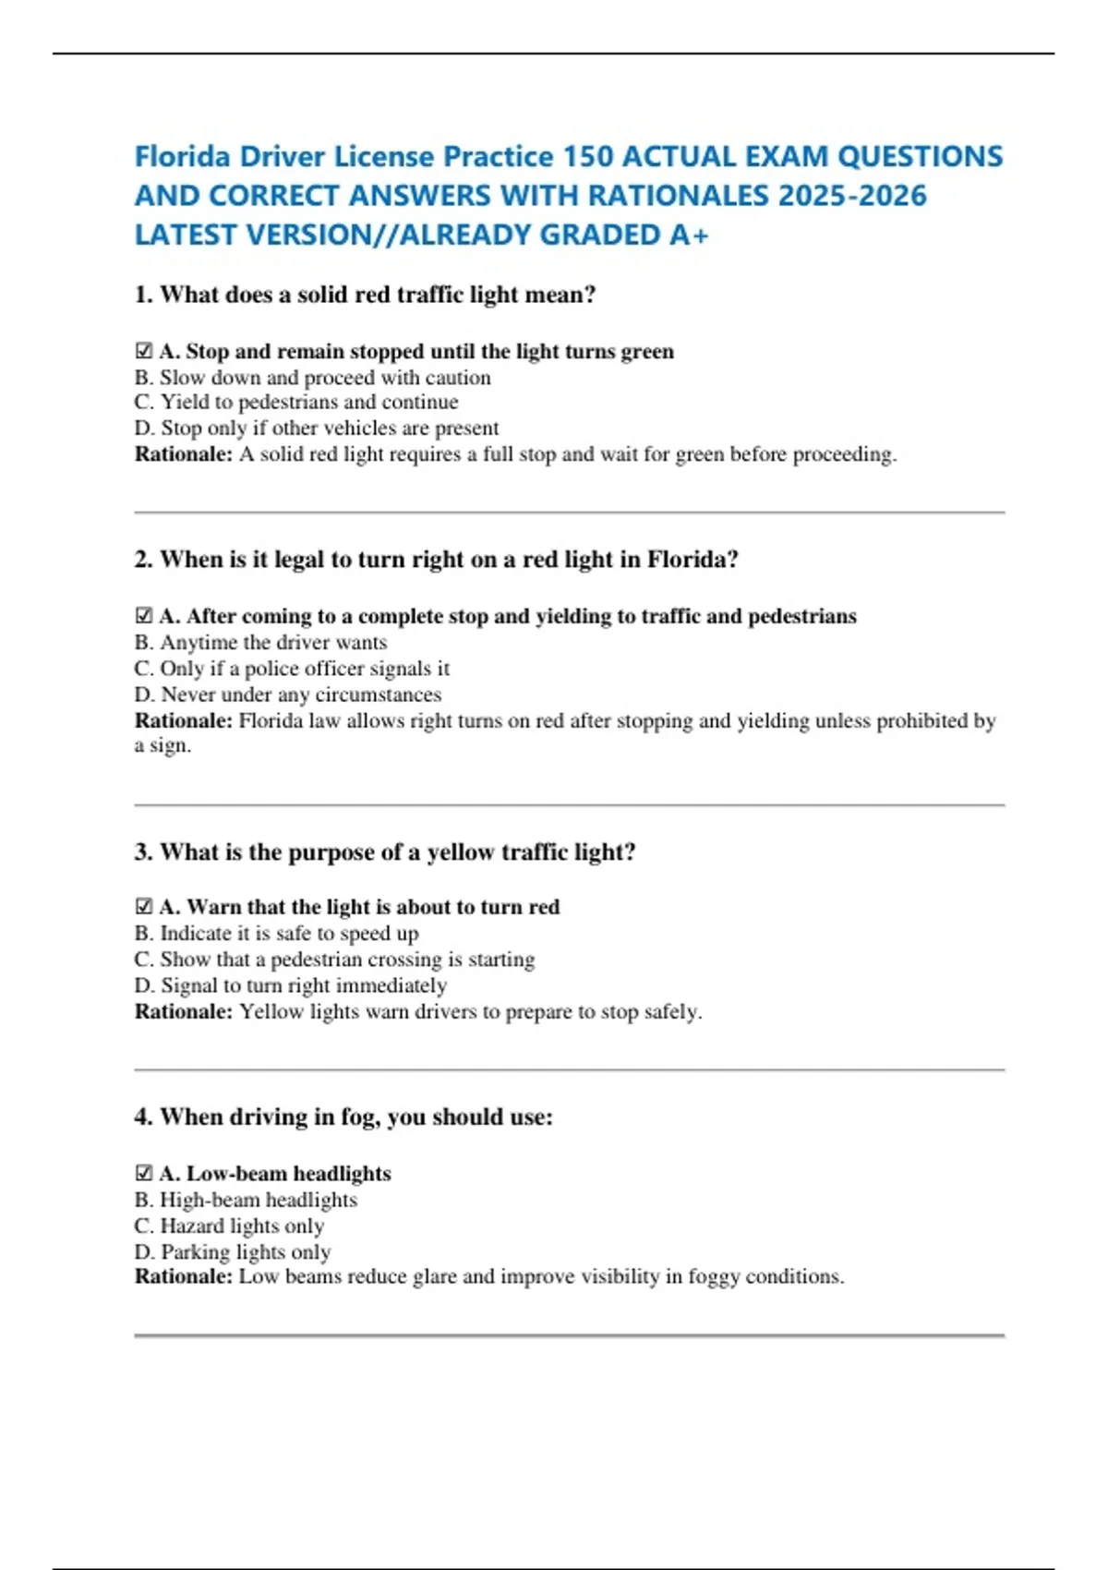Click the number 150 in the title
coord(587,156)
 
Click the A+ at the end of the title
coord(689,235)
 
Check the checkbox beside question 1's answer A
coord(143,351)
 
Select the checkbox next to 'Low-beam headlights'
coord(143,1173)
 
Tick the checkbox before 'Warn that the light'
coord(143,907)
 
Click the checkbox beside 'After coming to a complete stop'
coord(143,616)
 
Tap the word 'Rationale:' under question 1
coord(184,454)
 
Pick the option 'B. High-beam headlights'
coord(246,1200)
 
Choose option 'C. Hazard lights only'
coord(229,1226)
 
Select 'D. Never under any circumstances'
coord(287,694)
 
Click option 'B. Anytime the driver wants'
coord(260,642)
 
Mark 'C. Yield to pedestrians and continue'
coord(295,402)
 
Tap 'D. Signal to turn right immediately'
coord(290,985)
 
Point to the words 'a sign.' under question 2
coord(163,745)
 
